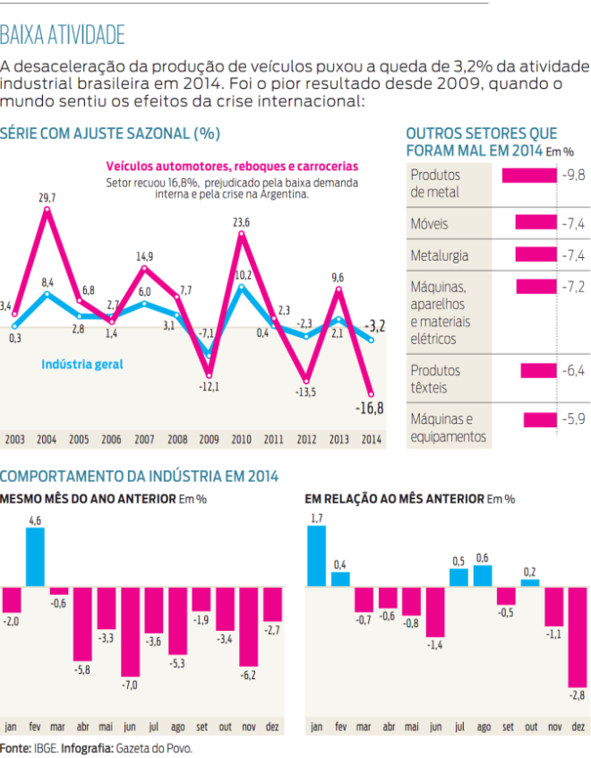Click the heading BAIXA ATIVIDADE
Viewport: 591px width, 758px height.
coord(63,35)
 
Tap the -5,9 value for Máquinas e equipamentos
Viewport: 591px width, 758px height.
coord(572,418)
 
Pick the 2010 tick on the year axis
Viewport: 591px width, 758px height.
coord(241,440)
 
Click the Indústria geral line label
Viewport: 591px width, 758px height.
coord(82,364)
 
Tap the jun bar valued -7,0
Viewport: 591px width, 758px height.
coord(131,632)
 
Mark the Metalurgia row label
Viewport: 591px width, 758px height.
coord(439,255)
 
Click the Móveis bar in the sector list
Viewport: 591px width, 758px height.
coord(535,223)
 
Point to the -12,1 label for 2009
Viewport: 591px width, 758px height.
coord(209,386)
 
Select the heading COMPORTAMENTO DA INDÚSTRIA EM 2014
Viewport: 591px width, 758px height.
coord(140,476)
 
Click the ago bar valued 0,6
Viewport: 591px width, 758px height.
coord(483,576)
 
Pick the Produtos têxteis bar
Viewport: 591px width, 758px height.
coord(538,370)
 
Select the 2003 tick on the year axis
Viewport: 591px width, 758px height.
coord(14,440)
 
